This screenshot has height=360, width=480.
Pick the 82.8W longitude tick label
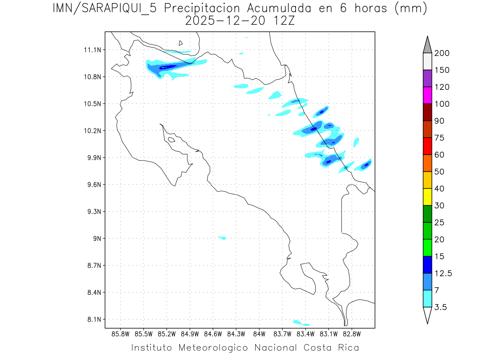[x=352, y=334]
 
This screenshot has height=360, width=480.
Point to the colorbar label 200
[x=442, y=53]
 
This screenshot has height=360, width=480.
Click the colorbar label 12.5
[x=444, y=273]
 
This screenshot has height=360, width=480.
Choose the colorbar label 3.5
[x=441, y=307]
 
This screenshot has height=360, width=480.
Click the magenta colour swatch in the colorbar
[x=427, y=95]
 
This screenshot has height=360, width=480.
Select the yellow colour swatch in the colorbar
[x=427, y=197]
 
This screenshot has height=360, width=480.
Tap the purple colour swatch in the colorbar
[x=427, y=78]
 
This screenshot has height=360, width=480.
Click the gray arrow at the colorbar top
[x=427, y=45]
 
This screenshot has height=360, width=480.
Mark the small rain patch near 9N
[x=223, y=238]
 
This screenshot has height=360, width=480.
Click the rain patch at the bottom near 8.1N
[x=301, y=323]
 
